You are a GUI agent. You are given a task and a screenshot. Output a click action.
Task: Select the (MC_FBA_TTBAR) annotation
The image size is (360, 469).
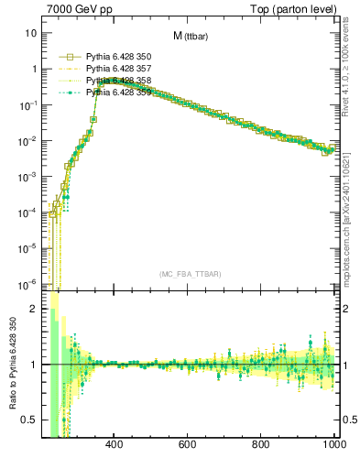tap(190, 275)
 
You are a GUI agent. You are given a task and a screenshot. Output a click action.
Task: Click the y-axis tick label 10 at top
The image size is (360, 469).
tap(30, 33)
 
